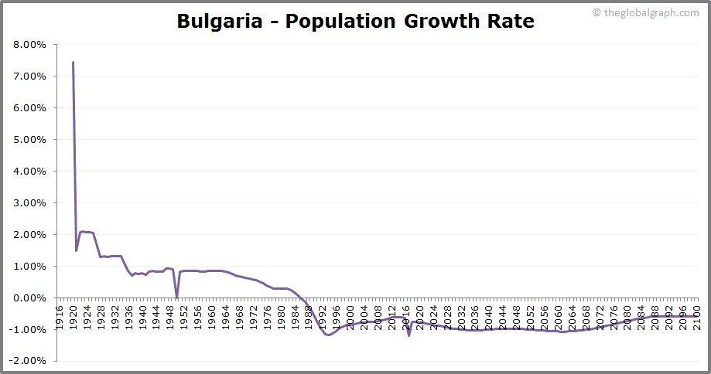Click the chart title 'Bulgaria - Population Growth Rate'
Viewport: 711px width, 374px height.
click(x=355, y=21)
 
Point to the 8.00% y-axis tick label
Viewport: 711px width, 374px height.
click(x=30, y=45)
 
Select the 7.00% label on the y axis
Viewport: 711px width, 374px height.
click(x=30, y=76)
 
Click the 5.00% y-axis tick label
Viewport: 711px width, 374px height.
click(x=30, y=140)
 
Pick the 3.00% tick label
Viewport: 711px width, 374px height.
click(x=30, y=203)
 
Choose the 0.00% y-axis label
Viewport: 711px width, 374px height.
click(x=30, y=297)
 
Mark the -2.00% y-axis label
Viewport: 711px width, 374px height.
click(x=29, y=361)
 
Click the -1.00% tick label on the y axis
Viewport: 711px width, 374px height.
click(x=29, y=329)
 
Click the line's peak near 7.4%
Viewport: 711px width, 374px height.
click(x=73, y=63)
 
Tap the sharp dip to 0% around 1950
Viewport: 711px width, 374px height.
click(x=176, y=297)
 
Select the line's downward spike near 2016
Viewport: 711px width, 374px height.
click(x=408, y=335)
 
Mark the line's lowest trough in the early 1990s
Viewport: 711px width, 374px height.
click(x=329, y=335)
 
